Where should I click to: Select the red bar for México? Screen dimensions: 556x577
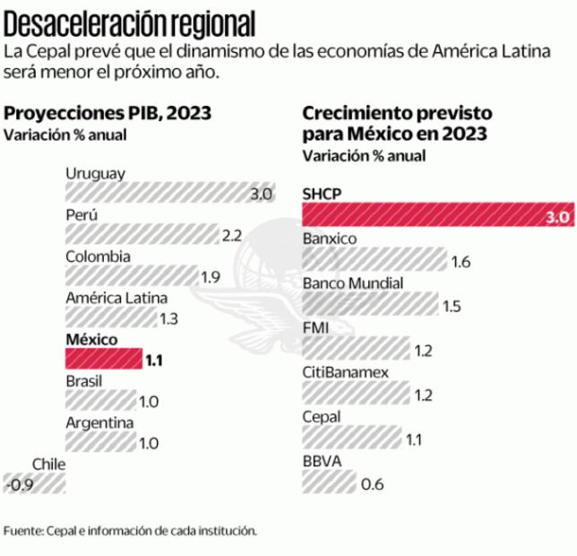[102, 361]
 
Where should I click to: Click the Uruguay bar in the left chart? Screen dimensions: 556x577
[156, 194]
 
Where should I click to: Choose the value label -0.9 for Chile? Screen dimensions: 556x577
[18, 485]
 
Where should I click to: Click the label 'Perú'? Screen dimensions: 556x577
[81, 215]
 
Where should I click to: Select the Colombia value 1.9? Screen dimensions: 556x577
[210, 277]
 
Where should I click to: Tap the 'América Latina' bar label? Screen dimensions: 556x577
[116, 299]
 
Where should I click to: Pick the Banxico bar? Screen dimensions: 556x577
[375, 261]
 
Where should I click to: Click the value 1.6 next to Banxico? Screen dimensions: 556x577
[461, 262]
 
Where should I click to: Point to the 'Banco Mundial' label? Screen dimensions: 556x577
[353, 283]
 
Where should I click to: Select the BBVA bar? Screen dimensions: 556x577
[328, 484]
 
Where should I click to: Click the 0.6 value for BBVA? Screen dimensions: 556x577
[371, 485]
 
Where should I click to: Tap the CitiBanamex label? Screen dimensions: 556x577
[345, 372]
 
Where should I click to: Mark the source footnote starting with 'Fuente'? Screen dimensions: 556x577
[130, 531]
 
